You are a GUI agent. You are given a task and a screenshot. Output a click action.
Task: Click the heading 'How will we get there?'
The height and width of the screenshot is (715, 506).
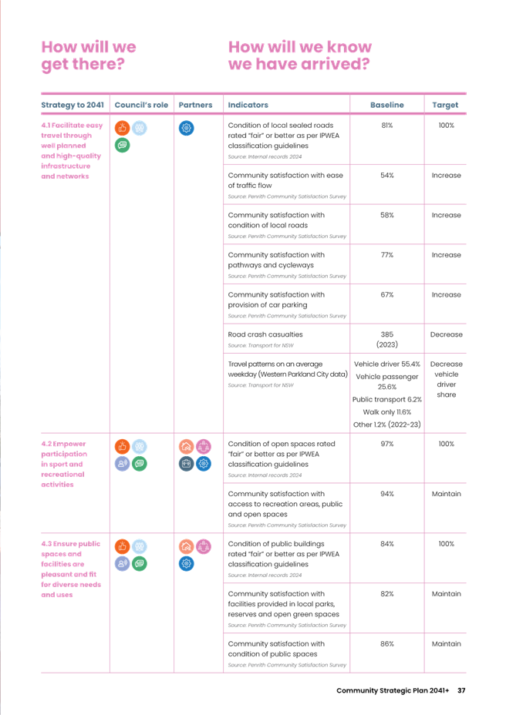pos(89,55)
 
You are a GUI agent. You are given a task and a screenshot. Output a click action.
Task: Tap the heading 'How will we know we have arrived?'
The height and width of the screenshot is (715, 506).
pos(300,55)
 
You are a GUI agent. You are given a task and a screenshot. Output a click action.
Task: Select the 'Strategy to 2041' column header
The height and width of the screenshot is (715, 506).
pos(72,105)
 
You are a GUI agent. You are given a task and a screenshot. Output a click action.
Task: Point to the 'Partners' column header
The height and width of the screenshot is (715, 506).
pos(196,105)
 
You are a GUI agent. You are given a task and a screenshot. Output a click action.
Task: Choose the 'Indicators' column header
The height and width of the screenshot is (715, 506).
pos(248,105)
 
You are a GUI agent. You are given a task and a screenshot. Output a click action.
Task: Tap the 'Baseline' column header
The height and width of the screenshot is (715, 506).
pos(387,105)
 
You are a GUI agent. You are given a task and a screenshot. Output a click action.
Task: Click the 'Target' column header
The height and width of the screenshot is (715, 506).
pos(446,105)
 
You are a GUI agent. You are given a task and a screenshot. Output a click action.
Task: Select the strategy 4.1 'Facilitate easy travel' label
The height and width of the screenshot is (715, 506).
pos(72,150)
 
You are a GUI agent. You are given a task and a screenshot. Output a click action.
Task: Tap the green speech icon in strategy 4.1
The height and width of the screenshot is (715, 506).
pos(121,145)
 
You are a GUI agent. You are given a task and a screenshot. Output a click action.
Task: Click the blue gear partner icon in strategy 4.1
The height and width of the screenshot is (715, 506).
pos(186,129)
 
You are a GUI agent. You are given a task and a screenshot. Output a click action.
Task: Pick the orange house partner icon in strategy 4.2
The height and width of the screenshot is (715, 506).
pos(186,447)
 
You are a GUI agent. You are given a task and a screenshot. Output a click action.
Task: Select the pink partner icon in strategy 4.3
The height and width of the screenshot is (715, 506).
pos(204,546)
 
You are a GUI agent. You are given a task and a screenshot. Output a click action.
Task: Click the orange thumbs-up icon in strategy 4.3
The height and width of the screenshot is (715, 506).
pos(121,546)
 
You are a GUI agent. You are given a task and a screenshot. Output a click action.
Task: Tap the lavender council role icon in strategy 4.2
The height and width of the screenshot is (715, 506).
pos(121,464)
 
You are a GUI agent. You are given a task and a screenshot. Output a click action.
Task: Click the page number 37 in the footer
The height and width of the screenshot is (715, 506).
pos(462,690)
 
